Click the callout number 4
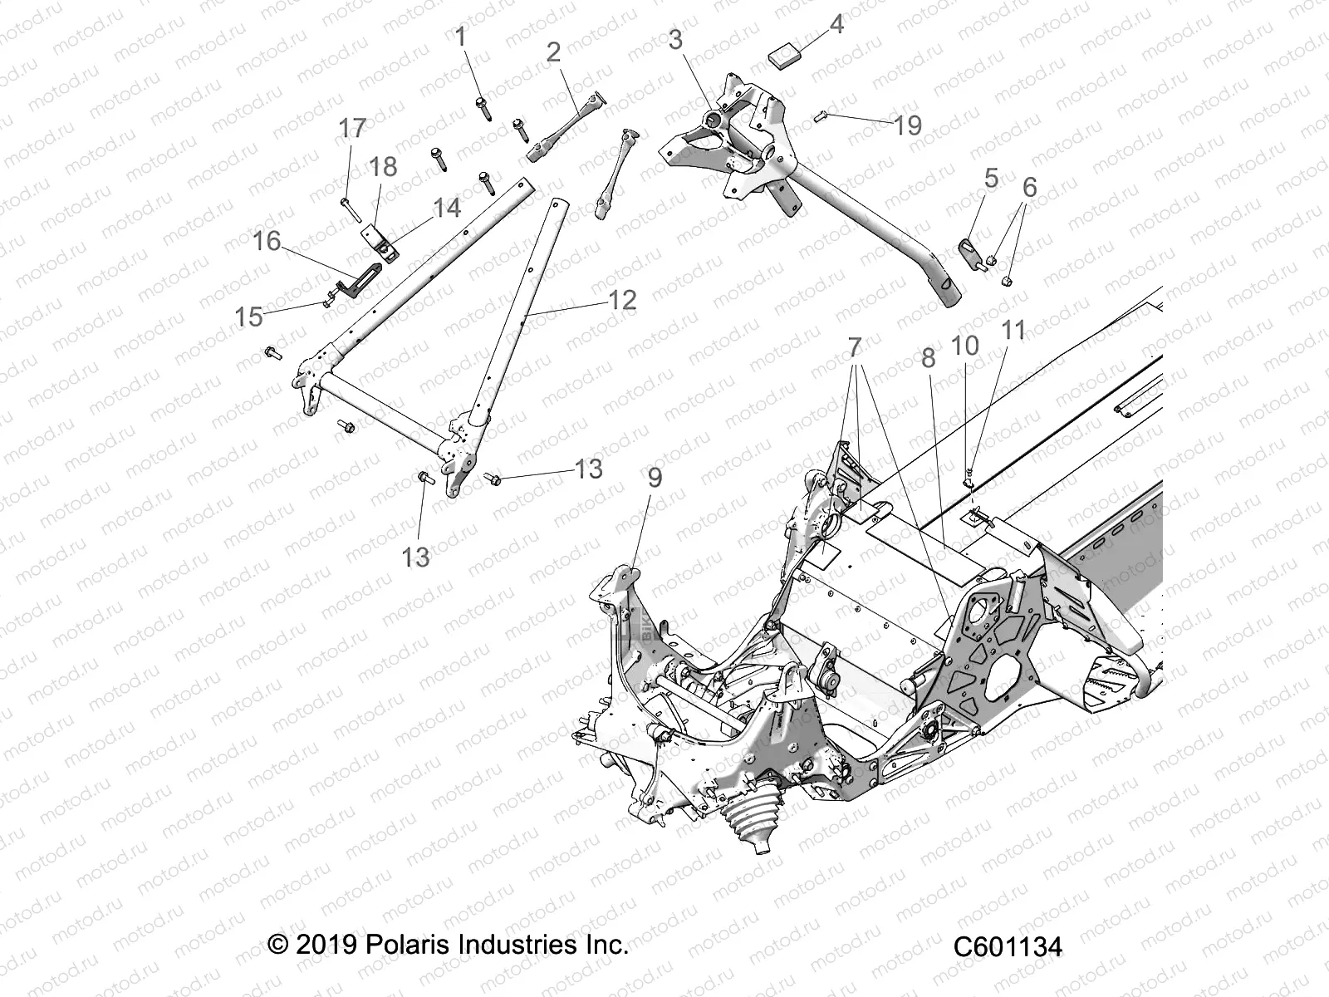coord(836,25)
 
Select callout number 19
coord(908,125)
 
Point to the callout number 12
coord(622,300)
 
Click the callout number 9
coord(655,478)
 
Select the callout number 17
coord(352,129)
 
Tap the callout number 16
coord(267,242)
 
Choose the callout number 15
coord(249,317)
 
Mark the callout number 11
coord(1013,331)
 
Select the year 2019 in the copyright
coord(326,945)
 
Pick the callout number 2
coord(554,53)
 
